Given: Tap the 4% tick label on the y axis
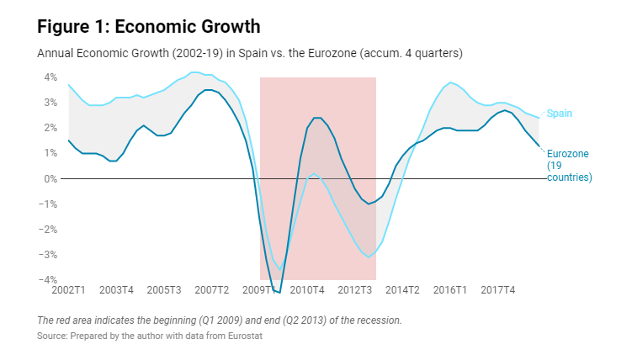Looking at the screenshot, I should pos(50,77).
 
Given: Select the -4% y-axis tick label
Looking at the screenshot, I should pos(49,280).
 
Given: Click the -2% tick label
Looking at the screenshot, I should pos(49,230).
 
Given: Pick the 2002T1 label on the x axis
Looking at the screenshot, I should pos(69,290).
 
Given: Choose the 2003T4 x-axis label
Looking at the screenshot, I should pos(117,290).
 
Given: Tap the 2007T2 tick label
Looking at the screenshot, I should pos(212,290).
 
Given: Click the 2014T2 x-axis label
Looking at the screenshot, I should pos(402,290).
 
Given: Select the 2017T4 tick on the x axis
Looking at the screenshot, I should pos(497,290).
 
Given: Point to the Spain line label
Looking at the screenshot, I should pos(560,114).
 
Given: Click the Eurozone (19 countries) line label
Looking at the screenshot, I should pos(569,166).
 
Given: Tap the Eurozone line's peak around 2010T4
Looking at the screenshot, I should pos(316,118).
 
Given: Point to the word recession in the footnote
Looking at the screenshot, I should pos(377,320).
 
